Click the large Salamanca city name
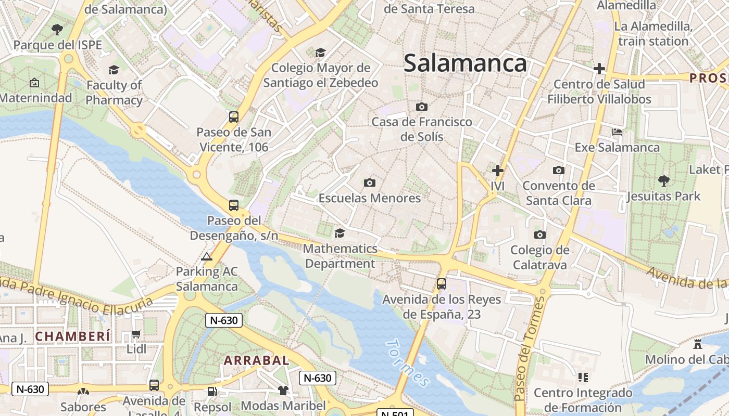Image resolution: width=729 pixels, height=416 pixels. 466,63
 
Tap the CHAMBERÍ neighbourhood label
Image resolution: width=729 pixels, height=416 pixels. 73,336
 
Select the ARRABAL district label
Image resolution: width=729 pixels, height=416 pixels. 256,360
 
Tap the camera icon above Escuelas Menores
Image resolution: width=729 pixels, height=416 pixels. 370,183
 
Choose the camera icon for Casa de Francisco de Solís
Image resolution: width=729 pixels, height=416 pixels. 422,107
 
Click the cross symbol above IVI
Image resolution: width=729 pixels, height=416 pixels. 498,170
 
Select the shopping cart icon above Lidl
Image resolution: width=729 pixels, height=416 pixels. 136,334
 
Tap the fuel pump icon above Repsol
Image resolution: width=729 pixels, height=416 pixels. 212,391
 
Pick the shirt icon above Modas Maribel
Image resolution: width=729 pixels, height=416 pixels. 283,390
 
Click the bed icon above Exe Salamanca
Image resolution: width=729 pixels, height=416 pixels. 617,132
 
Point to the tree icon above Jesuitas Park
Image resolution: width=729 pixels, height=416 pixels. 663,180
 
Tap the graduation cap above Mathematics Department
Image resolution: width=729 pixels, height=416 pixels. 340,233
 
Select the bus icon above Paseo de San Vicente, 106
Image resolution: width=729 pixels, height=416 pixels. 234,116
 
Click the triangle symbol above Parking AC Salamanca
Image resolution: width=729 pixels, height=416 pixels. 207,256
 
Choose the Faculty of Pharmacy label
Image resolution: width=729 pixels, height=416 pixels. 114,93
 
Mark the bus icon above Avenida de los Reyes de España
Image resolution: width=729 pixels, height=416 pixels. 442,284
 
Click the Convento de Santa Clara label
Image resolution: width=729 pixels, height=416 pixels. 558,193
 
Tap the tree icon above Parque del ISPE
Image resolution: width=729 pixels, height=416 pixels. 57,29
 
